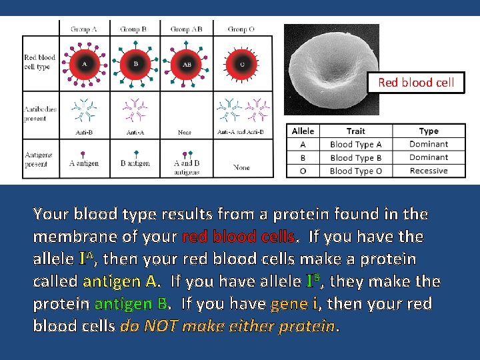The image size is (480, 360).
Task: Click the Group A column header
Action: point(84,29)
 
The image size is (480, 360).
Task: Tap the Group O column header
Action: point(241,29)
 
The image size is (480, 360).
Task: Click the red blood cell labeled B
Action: point(136,64)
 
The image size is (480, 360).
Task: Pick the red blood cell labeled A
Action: point(84,64)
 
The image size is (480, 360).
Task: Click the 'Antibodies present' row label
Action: point(40,113)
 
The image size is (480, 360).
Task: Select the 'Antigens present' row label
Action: point(39,159)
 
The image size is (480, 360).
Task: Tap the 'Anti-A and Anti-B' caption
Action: point(241,132)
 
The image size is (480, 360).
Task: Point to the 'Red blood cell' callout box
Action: point(415,83)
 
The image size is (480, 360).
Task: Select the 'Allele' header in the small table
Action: point(303,131)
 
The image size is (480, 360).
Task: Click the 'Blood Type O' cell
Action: point(355,171)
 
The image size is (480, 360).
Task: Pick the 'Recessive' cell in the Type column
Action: point(429,171)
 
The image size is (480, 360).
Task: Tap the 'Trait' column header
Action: point(355,131)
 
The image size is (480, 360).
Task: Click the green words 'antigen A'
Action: point(121,281)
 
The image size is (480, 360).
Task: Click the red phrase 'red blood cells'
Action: point(238,236)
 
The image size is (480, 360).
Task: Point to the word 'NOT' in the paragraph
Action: point(160,326)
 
